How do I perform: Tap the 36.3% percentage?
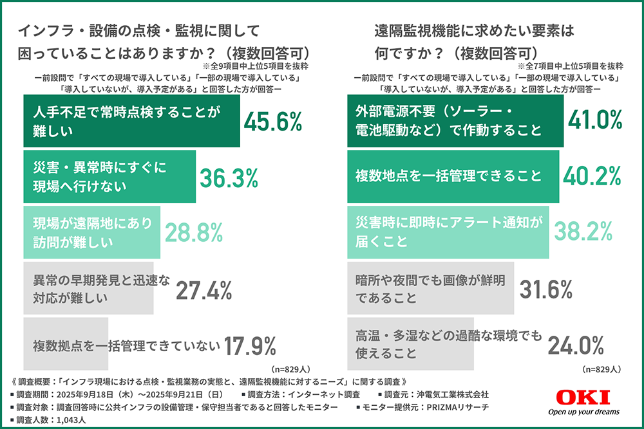click(229, 177)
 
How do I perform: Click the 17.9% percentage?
click(250, 346)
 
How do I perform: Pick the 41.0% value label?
click(594, 120)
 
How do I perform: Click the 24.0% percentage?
click(576, 346)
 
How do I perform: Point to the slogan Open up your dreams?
click(583, 412)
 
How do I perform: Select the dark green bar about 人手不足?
click(131, 121)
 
